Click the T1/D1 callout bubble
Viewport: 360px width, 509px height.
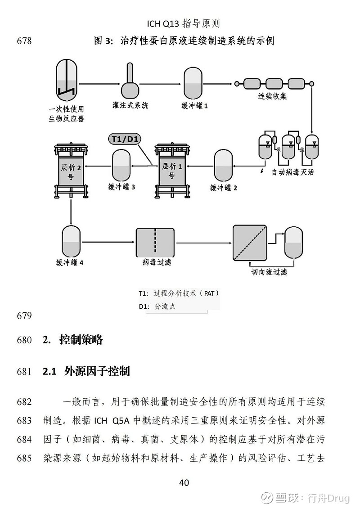pyautogui.click(x=124, y=139)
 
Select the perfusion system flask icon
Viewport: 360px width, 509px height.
pyautogui.click(x=130, y=80)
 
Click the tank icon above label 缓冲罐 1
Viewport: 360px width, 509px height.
pyautogui.click(x=193, y=83)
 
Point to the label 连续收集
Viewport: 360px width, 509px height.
pyautogui.click(x=272, y=96)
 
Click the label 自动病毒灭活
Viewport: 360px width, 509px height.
pyautogui.click(x=293, y=172)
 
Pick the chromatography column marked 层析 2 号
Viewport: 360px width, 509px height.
pyautogui.click(x=71, y=171)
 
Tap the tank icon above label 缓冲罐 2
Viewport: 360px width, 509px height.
pyautogui.click(x=223, y=166)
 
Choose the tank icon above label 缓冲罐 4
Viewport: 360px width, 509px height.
pyautogui.click(x=71, y=242)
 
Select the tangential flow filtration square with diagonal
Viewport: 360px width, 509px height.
pyautogui.click(x=250, y=243)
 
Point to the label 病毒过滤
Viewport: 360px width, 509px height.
pyautogui.click(x=157, y=262)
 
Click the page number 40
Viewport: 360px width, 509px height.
pyautogui.click(x=184, y=483)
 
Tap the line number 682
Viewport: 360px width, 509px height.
pyautogui.click(x=24, y=402)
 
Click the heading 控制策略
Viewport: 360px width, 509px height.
pyautogui.click(x=81, y=340)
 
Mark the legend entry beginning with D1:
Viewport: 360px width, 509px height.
pyautogui.click(x=157, y=306)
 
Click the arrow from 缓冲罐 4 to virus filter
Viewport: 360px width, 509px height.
pyautogui.click(x=108, y=242)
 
